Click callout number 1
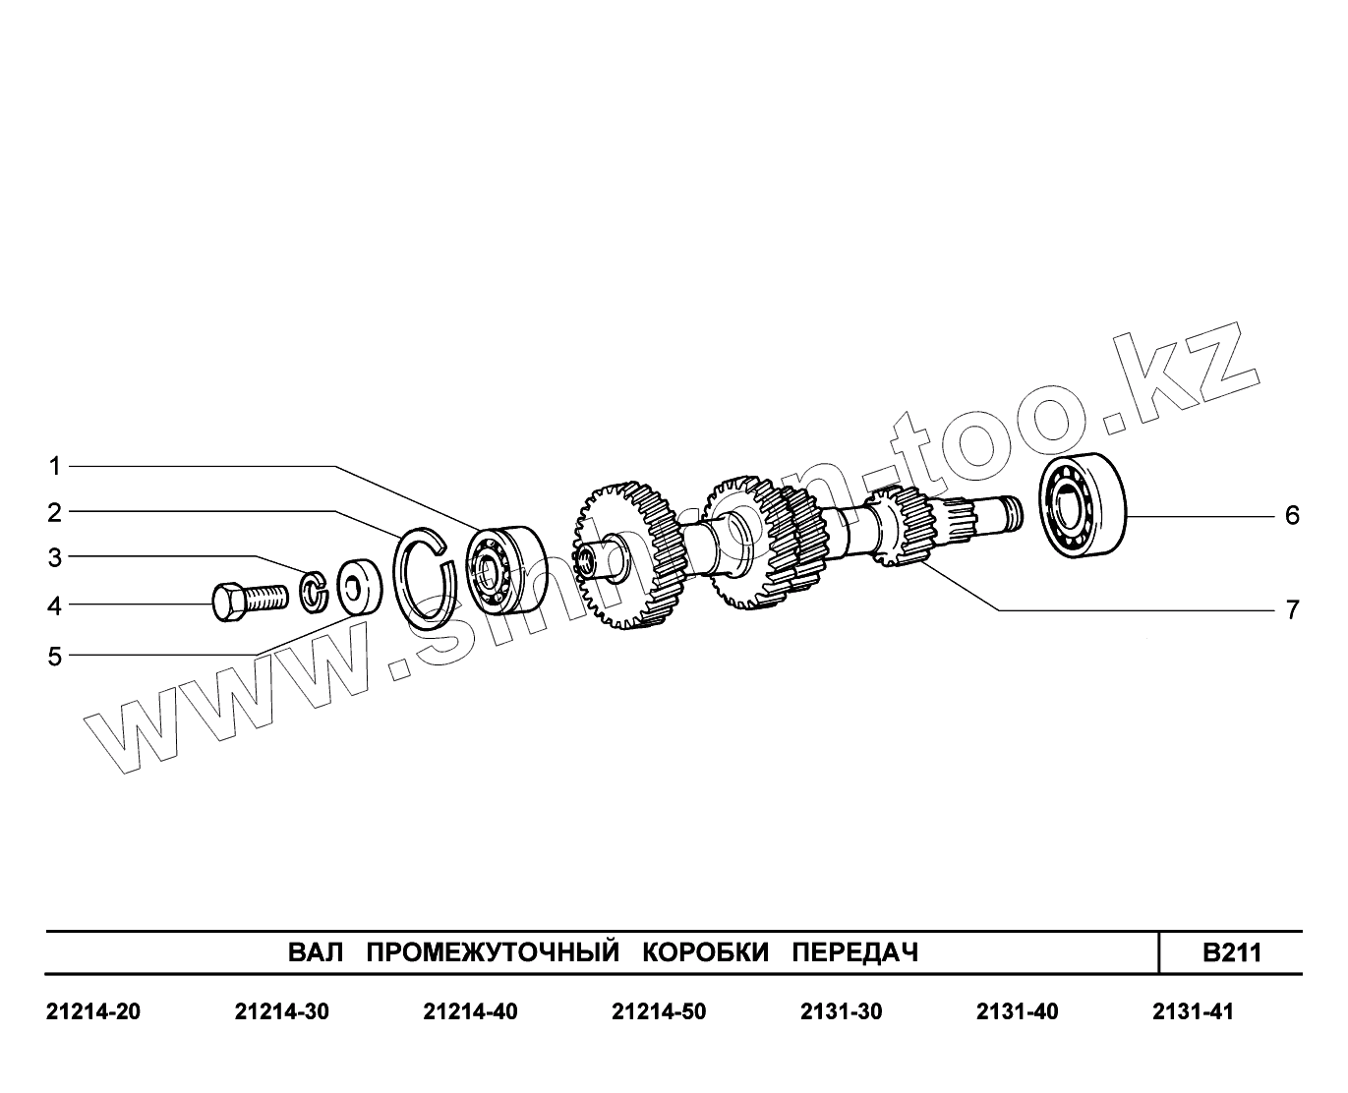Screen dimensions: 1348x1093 coord(55,467)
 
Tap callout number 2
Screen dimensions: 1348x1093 coord(55,512)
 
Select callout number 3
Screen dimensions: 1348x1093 coord(55,558)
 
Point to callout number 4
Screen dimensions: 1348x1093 coord(55,605)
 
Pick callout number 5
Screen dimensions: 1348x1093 coord(55,657)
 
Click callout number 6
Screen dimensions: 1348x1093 coord(1292,515)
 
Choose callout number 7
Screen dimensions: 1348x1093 coord(1292,609)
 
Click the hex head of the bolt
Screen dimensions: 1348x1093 coord(228,603)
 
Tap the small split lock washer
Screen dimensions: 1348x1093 coord(314,592)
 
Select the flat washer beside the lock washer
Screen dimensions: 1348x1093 coord(360,587)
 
